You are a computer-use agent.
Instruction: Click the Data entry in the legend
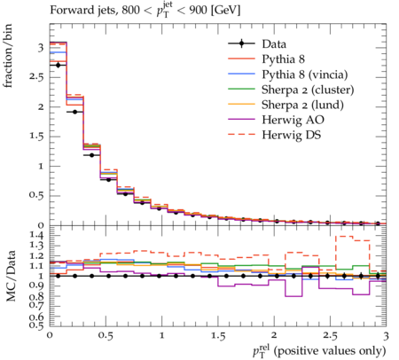click(x=274, y=44)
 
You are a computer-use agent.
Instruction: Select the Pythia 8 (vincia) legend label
click(x=305, y=74)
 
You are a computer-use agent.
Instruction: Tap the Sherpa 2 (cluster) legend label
click(x=308, y=90)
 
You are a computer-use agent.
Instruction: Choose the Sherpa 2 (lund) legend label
click(x=302, y=105)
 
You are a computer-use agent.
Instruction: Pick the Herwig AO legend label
click(x=293, y=120)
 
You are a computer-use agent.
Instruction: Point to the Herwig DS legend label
click(x=292, y=135)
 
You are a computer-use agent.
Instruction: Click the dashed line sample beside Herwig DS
click(x=241, y=134)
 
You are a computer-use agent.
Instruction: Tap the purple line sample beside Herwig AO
click(x=241, y=119)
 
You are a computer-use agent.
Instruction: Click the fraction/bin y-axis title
click(x=8, y=56)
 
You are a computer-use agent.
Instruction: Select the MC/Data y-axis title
click(x=11, y=276)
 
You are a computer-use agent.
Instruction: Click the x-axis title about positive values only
click(x=319, y=351)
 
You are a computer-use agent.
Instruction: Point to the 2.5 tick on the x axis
click(x=330, y=336)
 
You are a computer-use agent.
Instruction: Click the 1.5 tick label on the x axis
click(x=218, y=336)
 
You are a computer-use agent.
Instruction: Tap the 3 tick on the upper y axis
click(x=41, y=48)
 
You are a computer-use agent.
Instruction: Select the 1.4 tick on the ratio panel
click(x=35, y=236)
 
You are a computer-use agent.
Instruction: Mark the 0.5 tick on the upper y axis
click(x=36, y=196)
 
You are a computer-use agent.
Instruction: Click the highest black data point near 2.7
click(x=58, y=65)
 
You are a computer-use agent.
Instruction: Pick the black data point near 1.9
click(x=74, y=112)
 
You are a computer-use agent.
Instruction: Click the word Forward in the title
click(x=68, y=10)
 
